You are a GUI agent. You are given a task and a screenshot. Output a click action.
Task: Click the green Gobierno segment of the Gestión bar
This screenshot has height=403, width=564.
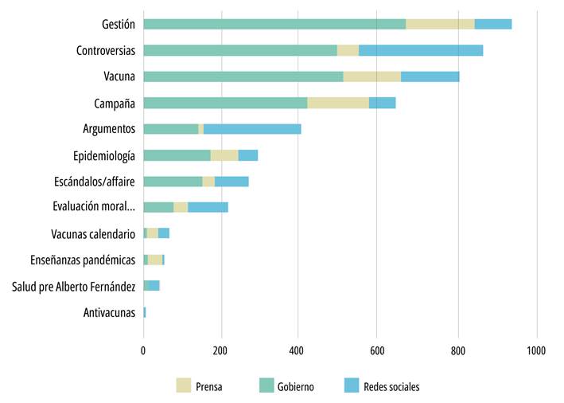(x=274, y=24)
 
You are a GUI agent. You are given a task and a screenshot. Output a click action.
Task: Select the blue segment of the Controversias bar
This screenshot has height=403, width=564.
(x=421, y=50)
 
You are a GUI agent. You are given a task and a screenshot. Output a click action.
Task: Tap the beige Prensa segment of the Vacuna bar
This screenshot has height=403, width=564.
(x=371, y=76)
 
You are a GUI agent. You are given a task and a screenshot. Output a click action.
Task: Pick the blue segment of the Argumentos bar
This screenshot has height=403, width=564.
(x=252, y=129)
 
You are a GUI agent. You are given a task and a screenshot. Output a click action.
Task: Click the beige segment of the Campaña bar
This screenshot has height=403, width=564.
(x=338, y=103)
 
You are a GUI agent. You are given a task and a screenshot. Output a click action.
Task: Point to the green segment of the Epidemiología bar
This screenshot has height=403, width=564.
(x=177, y=155)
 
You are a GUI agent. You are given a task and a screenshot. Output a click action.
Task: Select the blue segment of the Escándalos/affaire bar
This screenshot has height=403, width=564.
(x=231, y=181)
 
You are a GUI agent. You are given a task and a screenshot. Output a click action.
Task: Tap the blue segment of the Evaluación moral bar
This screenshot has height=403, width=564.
(x=208, y=207)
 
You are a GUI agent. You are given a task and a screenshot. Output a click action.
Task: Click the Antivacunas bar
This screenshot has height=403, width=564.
(x=145, y=312)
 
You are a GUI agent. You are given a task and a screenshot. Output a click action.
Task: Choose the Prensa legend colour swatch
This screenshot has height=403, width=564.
(x=184, y=386)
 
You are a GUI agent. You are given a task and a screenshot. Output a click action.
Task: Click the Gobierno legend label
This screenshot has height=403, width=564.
(x=295, y=387)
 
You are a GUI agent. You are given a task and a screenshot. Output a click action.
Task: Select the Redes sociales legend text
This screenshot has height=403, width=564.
(x=391, y=387)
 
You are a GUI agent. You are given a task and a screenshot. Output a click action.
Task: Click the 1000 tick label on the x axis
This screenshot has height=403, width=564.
(x=536, y=349)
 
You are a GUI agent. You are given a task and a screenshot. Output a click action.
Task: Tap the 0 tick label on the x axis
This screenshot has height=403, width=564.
(x=143, y=349)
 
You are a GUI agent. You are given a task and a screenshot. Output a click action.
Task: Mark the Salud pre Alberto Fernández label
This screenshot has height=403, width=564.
(x=73, y=286)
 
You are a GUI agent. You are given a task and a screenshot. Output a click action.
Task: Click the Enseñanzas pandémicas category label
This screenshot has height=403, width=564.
(x=83, y=260)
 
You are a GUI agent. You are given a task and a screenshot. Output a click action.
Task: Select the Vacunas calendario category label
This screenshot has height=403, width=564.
(x=93, y=234)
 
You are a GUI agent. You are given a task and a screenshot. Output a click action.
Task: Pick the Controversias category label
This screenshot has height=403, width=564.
(x=106, y=50)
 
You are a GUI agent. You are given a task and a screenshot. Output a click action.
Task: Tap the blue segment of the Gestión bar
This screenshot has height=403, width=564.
(x=493, y=24)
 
